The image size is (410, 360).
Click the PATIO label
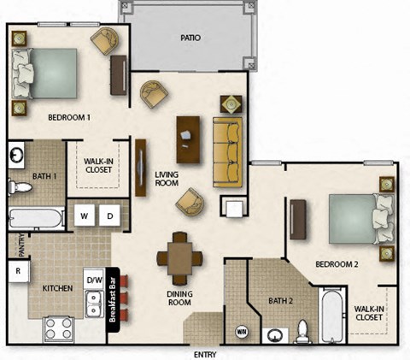pyautogui.click(x=190, y=38)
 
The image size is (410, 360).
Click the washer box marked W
pyautogui.click(x=85, y=215)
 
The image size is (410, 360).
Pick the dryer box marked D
pyautogui.click(x=110, y=215)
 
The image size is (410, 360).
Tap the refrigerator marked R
pyautogui.click(x=18, y=272)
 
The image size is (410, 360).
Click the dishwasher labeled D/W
pyautogui.click(x=94, y=280)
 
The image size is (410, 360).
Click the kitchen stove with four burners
pyautogui.click(x=60, y=328)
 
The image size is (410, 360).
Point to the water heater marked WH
pyautogui.click(x=242, y=329)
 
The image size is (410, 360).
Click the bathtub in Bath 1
pyautogui.click(x=36, y=217)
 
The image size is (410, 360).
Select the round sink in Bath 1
pyautogui.click(x=16, y=156)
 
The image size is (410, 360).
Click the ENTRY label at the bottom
pyautogui.click(x=205, y=353)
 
